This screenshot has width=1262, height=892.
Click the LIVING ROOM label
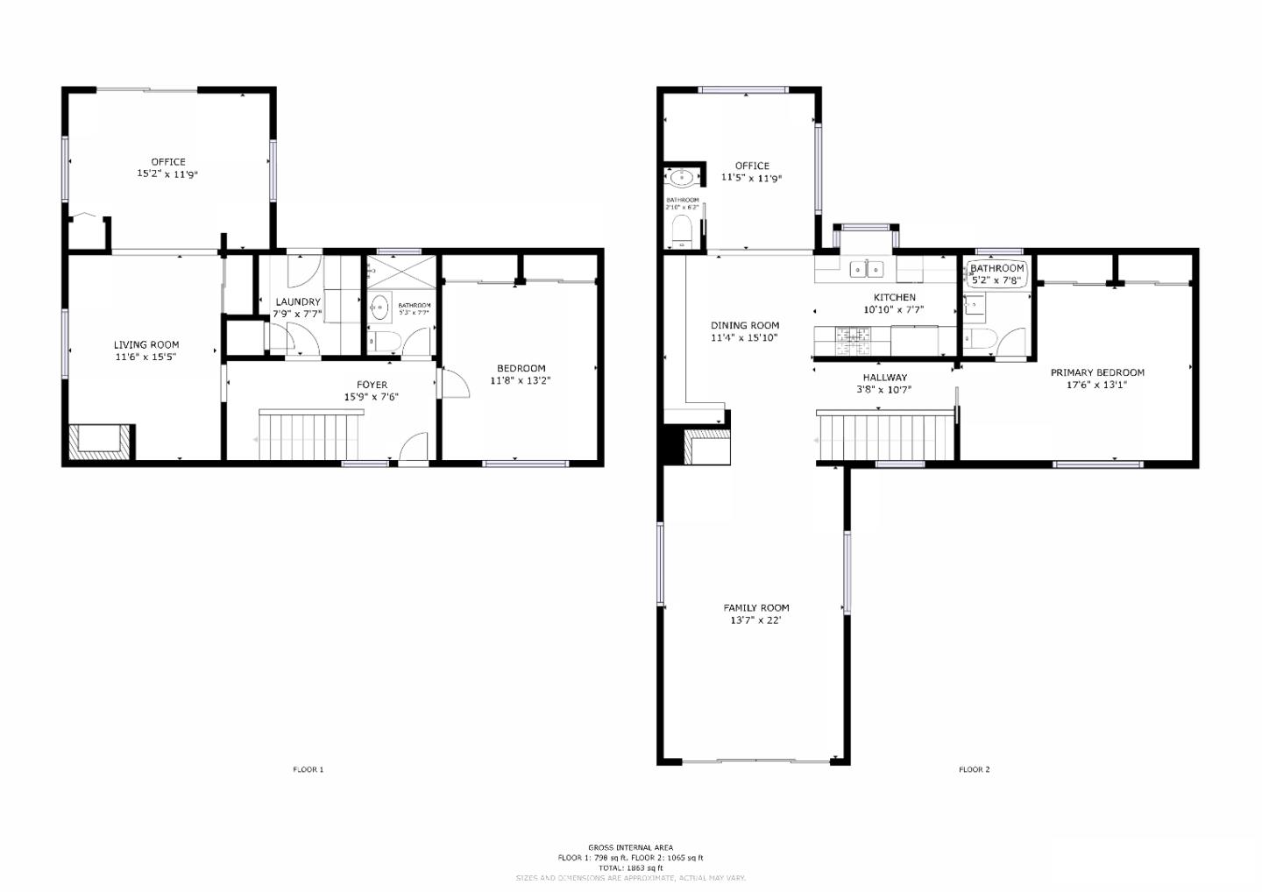pyautogui.click(x=145, y=344)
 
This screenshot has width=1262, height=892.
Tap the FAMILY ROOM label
pyautogui.click(x=755, y=607)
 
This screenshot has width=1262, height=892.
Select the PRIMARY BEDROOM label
pyautogui.click(x=1096, y=372)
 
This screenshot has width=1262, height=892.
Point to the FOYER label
pyautogui.click(x=372, y=385)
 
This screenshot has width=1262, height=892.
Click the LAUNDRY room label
pyautogui.click(x=297, y=301)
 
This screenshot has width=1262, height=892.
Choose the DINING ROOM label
pyautogui.click(x=744, y=325)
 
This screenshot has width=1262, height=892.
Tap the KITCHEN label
pyautogui.click(x=894, y=297)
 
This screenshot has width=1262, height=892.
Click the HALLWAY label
pyautogui.click(x=884, y=378)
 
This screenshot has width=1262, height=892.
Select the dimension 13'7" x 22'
pyautogui.click(x=755, y=620)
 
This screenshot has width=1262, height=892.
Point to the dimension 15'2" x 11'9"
pyautogui.click(x=167, y=174)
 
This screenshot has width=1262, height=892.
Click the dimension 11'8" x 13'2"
pyautogui.click(x=521, y=381)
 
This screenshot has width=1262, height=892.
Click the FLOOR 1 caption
pyautogui.click(x=308, y=769)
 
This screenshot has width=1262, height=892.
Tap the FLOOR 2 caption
pyautogui.click(x=974, y=769)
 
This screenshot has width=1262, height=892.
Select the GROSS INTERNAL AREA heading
pyautogui.click(x=630, y=847)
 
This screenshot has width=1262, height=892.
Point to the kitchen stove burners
pyautogui.click(x=852, y=340)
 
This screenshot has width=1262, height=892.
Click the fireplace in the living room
pyautogui.click(x=99, y=441)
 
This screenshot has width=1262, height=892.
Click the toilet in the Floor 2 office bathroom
pyautogui.click(x=681, y=231)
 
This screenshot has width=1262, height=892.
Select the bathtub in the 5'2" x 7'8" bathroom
pyautogui.click(x=996, y=275)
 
